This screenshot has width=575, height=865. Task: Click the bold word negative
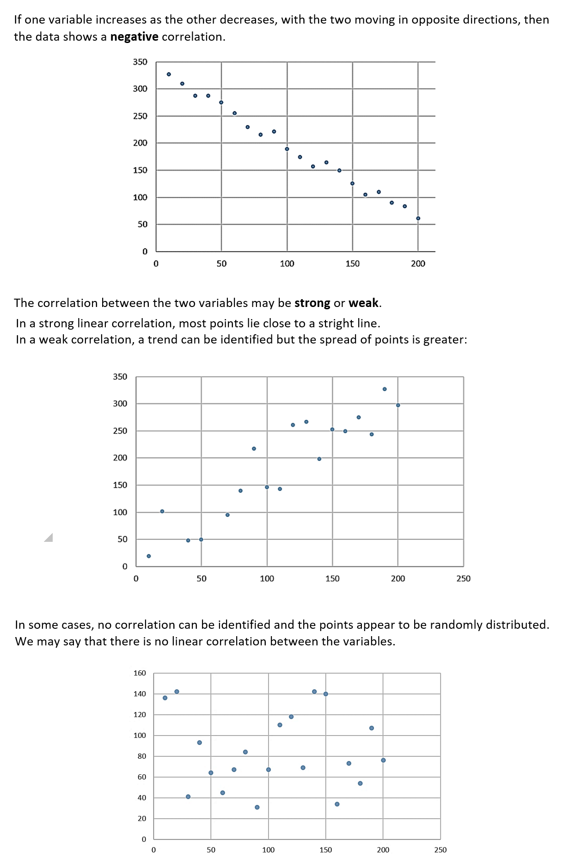pyautogui.click(x=134, y=37)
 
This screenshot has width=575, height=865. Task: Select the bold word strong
pyautogui.click(x=312, y=303)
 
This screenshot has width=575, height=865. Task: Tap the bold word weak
pyautogui.click(x=363, y=303)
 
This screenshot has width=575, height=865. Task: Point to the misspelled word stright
pyautogui.click(x=336, y=324)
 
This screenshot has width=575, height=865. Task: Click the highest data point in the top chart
pyautogui.click(x=169, y=74)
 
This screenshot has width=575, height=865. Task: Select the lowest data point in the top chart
pyautogui.click(x=418, y=218)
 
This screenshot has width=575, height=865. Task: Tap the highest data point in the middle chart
pyautogui.click(x=385, y=389)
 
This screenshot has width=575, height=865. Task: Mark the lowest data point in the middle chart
pyautogui.click(x=148, y=556)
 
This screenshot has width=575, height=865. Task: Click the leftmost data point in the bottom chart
pyautogui.click(x=165, y=698)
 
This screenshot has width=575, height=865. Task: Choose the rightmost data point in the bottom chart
pyautogui.click(x=383, y=760)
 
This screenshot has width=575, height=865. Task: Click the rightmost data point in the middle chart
pyautogui.click(x=398, y=405)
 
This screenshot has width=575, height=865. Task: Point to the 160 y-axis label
pyautogui.click(x=140, y=673)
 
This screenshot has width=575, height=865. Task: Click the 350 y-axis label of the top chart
pyautogui.click(x=140, y=62)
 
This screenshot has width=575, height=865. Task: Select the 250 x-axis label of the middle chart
pyautogui.click(x=463, y=579)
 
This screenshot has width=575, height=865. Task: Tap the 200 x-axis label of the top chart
pyautogui.click(x=418, y=264)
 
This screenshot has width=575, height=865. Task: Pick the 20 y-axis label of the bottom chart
pyautogui.click(x=142, y=818)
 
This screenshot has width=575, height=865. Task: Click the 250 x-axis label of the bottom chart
pyautogui.click(x=440, y=850)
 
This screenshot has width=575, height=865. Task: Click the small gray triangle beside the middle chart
pyautogui.click(x=49, y=538)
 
